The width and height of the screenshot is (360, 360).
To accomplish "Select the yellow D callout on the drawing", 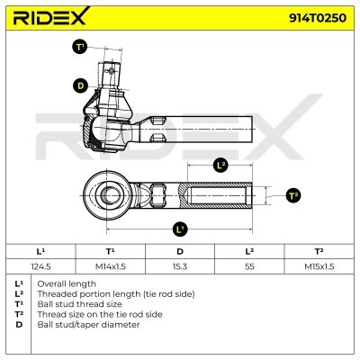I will click(x=80, y=85).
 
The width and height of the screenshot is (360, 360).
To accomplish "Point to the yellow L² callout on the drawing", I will click(x=220, y=165).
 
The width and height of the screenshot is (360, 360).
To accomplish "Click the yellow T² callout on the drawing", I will click(x=292, y=195).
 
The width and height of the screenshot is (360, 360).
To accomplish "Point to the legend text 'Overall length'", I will click(x=69, y=283).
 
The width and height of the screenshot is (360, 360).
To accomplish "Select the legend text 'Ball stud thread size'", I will click(x=79, y=303).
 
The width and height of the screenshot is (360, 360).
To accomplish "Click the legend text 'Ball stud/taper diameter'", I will click(x=87, y=324).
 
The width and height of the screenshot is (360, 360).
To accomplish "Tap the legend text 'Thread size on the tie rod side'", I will click(x=99, y=313).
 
